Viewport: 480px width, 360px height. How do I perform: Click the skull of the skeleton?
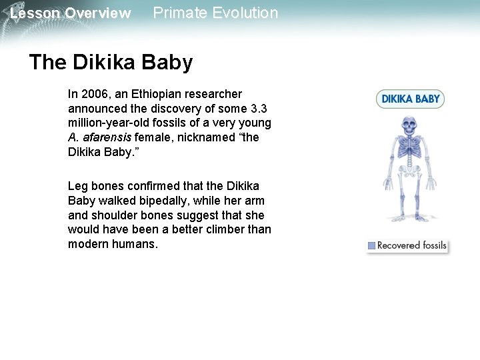coord(408,125)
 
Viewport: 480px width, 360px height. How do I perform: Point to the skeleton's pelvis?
coord(408,175)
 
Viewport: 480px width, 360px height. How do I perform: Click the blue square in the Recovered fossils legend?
coord(371,246)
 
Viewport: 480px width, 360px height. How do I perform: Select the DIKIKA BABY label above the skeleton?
coord(410,99)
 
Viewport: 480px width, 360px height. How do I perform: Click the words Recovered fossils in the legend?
coord(411,245)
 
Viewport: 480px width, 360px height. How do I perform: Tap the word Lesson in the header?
coord(35,13)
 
